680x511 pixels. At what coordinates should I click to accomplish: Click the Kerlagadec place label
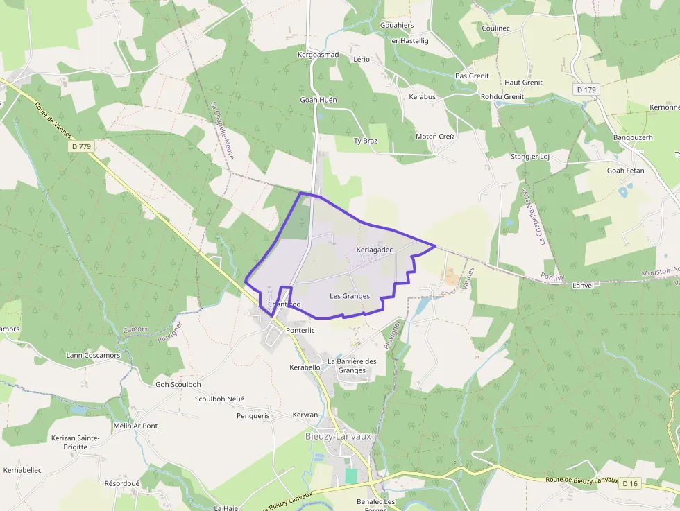click(375, 250)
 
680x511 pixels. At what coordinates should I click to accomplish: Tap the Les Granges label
click(350, 296)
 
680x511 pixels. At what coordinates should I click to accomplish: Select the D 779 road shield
click(81, 146)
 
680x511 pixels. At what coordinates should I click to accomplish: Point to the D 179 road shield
click(586, 89)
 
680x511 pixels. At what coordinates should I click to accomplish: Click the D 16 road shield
click(629, 483)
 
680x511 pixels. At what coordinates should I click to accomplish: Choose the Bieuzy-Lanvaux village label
click(339, 436)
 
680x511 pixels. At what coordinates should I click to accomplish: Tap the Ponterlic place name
click(300, 331)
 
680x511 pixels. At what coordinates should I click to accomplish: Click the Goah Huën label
click(318, 100)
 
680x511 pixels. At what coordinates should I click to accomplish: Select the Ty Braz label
click(366, 141)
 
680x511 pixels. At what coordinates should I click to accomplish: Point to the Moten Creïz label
click(435, 137)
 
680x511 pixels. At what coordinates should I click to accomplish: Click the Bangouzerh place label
click(633, 137)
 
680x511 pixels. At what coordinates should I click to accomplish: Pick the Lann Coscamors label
click(93, 356)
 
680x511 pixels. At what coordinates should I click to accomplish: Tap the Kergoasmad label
click(318, 55)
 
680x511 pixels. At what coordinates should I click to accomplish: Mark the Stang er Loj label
click(529, 157)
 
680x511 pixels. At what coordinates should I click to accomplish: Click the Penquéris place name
click(252, 415)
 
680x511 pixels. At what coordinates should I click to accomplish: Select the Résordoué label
click(122, 483)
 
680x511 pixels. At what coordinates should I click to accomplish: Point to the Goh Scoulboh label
click(178, 385)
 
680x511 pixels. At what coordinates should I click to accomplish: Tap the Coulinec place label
click(495, 28)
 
